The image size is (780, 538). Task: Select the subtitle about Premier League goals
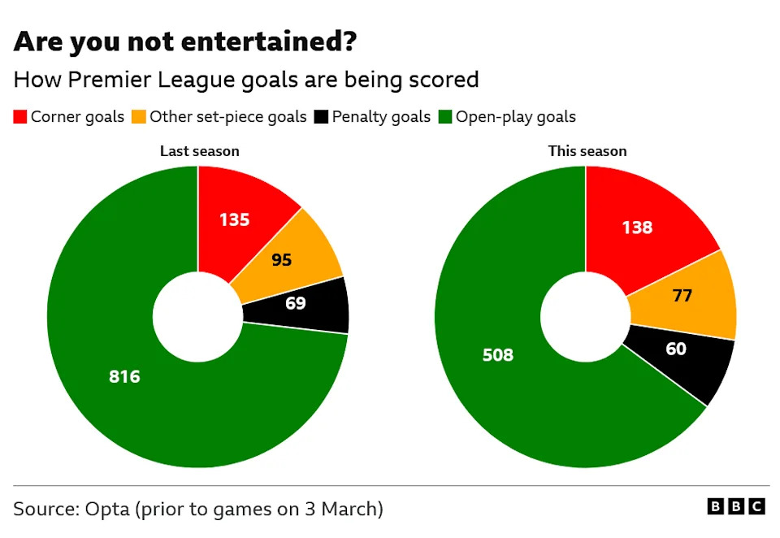coord(245,80)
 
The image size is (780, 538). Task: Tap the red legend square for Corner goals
coord(20,117)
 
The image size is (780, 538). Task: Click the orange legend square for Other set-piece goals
coord(139,117)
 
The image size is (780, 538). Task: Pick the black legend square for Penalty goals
coord(321,117)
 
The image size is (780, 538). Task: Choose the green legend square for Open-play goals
coord(445,117)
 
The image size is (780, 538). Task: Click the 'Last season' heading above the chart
coord(199,151)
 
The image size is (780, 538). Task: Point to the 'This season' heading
coord(587,151)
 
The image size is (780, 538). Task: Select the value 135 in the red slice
coord(235,219)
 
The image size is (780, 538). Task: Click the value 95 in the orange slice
coord(281,260)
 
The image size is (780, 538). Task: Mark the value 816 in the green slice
coord(124,376)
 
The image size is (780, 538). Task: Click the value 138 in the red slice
coord(637,228)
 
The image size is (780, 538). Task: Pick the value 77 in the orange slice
coord(682,296)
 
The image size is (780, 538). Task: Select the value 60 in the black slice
coord(675,349)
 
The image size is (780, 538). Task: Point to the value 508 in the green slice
coord(498,355)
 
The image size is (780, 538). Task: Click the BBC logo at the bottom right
coord(736,507)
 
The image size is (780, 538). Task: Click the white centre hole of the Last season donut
coord(197,318)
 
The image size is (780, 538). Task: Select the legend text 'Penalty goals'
coord(381,117)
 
